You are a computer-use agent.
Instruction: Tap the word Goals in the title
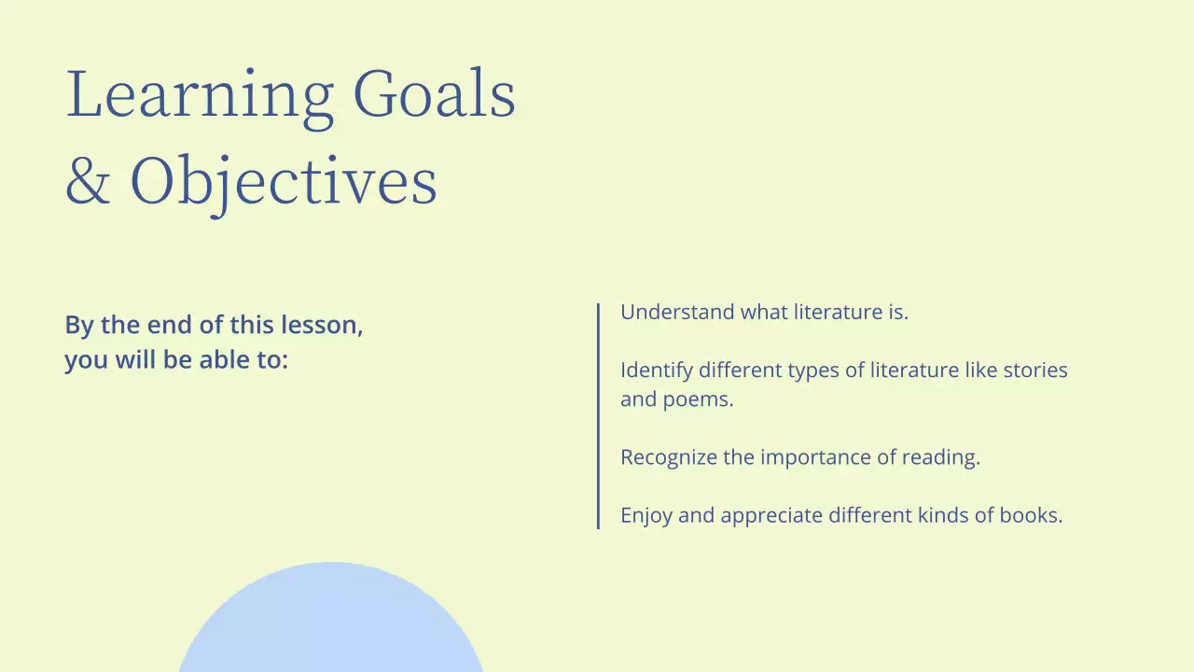click(x=435, y=94)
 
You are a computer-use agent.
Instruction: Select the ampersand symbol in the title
click(x=88, y=180)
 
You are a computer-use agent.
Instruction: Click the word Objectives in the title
click(x=284, y=182)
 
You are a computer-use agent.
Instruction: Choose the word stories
click(x=1035, y=371)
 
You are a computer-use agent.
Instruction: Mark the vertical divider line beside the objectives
click(x=598, y=416)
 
